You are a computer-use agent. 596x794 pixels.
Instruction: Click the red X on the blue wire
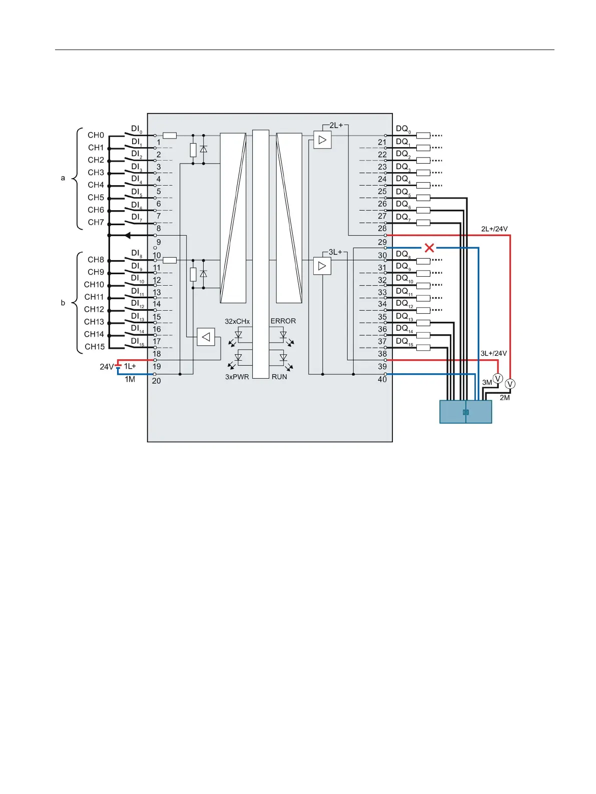coord(429,248)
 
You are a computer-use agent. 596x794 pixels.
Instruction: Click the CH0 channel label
coord(96,135)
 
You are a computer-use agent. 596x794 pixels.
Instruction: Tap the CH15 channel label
coord(95,347)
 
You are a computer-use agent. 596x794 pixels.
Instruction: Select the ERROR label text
coord(283,321)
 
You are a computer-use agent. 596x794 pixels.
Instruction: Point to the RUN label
coord(279,377)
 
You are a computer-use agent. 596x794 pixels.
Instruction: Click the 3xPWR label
coord(237,377)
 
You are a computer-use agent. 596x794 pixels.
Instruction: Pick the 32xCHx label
coord(237,321)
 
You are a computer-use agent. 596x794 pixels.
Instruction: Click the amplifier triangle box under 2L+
coord(322,140)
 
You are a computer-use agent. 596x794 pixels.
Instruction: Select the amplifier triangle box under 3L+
coord(322,266)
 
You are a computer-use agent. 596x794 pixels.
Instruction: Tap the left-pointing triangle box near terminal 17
coord(206,337)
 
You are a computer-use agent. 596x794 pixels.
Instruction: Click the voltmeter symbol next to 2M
coord(510,384)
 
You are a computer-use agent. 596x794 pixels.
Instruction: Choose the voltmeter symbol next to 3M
coord(498,379)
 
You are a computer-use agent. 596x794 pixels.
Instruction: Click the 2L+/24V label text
coord(494,229)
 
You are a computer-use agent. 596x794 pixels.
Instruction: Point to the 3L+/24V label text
coord(493,353)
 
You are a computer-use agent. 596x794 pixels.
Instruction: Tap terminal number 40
coord(382,380)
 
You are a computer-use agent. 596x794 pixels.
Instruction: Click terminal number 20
coord(157,381)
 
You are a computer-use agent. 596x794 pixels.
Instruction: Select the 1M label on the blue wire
coord(130,380)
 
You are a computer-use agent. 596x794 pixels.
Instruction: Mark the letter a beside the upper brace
coord(63,178)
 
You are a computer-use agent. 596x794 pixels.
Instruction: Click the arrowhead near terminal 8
coord(128,235)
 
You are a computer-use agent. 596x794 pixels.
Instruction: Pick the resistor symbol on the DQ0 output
coord(423,135)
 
